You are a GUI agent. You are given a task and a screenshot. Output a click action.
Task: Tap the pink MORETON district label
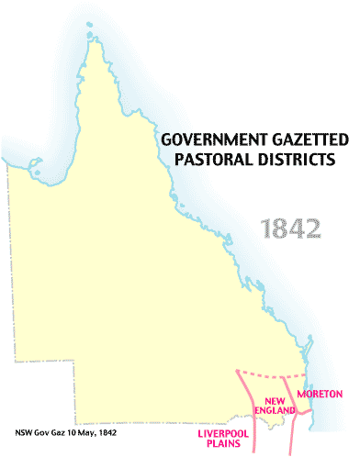pos(321,394)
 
